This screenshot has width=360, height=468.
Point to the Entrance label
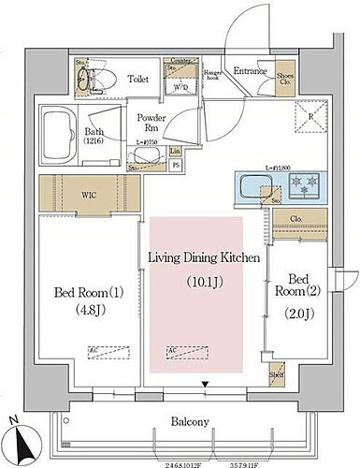(251, 70)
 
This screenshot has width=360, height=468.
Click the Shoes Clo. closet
(286, 79)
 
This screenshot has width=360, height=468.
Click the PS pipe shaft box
(177, 167)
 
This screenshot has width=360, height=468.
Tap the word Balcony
(189, 421)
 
